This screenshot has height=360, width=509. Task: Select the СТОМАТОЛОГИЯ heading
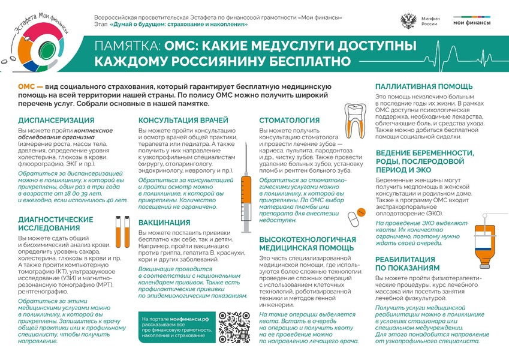(x=290, y=120)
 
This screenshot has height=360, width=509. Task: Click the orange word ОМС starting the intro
(x=26, y=88)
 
